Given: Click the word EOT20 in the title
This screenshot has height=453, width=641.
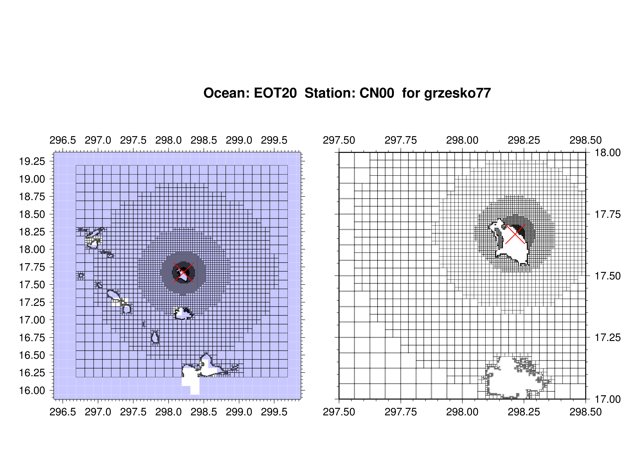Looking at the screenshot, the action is pyautogui.click(x=275, y=93).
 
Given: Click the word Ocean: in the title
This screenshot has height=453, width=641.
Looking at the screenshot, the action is pyautogui.click(x=226, y=93).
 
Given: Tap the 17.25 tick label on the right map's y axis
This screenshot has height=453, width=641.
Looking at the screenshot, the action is pyautogui.click(x=608, y=338).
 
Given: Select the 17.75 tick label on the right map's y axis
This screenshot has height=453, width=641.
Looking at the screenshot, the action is pyautogui.click(x=608, y=214).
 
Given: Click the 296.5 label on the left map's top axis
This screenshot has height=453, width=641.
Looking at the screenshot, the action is pyautogui.click(x=63, y=140).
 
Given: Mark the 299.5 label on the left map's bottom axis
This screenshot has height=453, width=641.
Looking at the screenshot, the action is pyautogui.click(x=274, y=412).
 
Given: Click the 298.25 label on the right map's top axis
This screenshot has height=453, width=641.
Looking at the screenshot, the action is pyautogui.click(x=524, y=140).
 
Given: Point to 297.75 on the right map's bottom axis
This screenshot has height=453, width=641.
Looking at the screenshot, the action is pyautogui.click(x=401, y=412).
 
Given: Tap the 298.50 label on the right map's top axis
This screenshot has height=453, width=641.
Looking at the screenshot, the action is pyautogui.click(x=586, y=140).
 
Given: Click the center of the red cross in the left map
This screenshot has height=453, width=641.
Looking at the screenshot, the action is pyautogui.click(x=184, y=272).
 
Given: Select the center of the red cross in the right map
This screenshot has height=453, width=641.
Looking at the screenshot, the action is pyautogui.click(x=515, y=234).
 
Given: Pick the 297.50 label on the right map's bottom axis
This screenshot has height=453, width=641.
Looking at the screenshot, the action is pyautogui.click(x=339, y=412).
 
